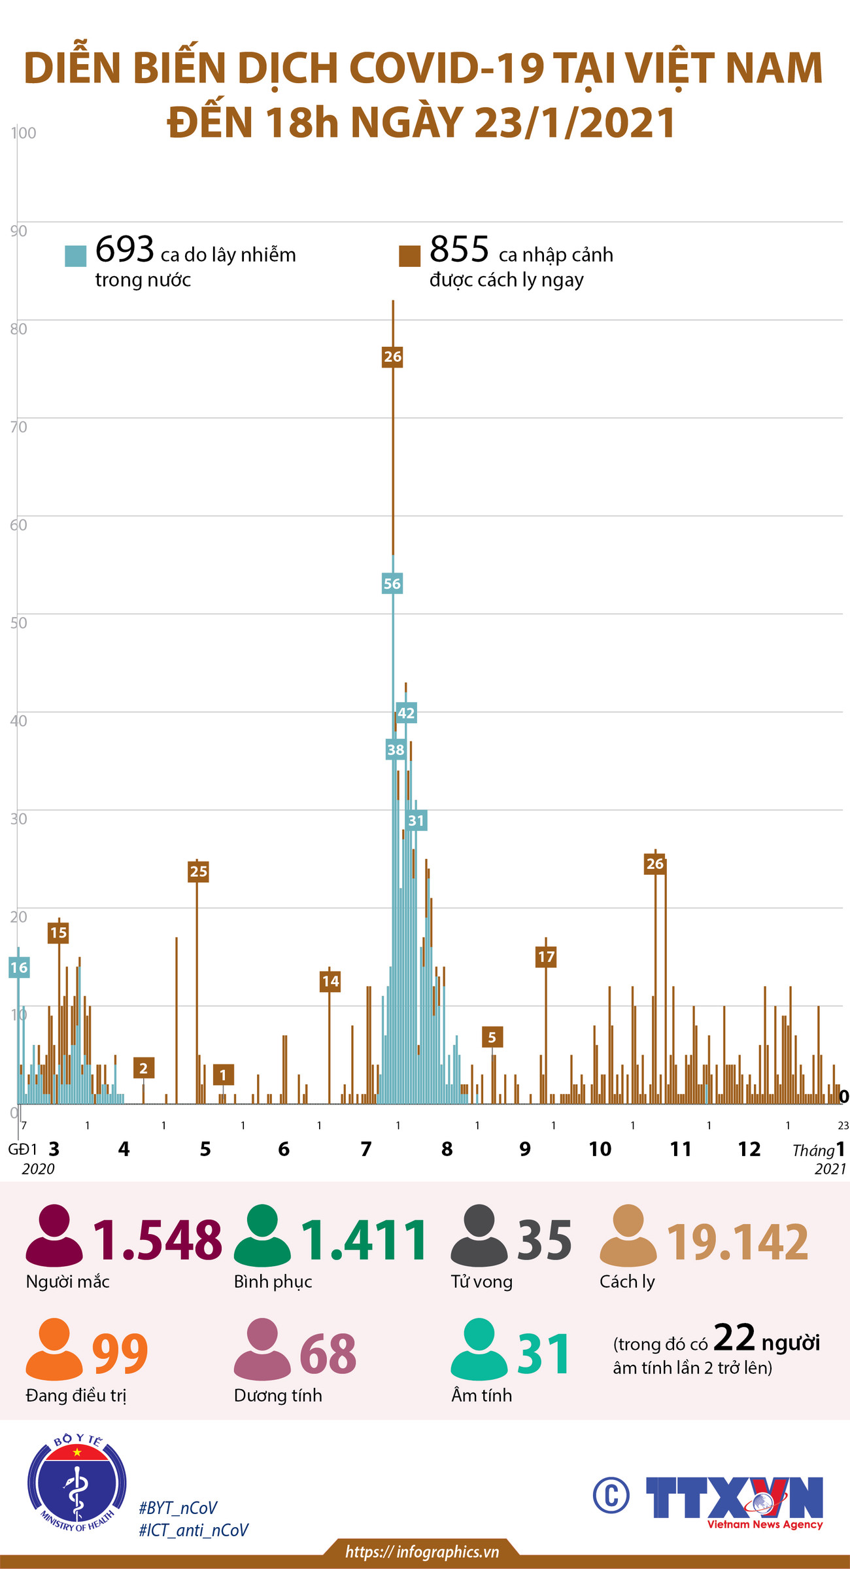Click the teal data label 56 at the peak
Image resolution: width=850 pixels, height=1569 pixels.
click(x=392, y=584)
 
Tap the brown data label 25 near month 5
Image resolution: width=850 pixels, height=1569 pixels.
click(x=198, y=871)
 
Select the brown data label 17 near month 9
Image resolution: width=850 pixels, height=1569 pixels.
click(x=546, y=957)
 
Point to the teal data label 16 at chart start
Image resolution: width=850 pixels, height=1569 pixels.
click(x=19, y=967)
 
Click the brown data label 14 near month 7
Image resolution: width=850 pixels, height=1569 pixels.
click(x=330, y=981)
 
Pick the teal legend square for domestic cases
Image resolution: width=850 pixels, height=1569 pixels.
click(x=76, y=256)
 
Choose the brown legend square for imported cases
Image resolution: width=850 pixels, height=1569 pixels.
click(x=409, y=256)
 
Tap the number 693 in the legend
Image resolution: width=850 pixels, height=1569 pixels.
click(x=124, y=249)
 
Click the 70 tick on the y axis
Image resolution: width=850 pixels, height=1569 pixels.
click(x=19, y=427)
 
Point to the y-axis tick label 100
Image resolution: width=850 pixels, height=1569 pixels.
click(x=24, y=133)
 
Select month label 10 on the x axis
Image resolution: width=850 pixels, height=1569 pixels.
click(x=600, y=1149)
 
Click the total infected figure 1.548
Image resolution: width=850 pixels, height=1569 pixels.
click(x=158, y=1240)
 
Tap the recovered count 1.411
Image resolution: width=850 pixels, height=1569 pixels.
click(x=364, y=1240)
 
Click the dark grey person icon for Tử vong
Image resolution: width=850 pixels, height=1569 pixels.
click(x=479, y=1235)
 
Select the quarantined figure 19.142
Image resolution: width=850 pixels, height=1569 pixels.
click(x=738, y=1241)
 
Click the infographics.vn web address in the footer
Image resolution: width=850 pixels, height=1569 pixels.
click(x=422, y=1551)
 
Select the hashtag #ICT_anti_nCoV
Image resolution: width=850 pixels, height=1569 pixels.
click(x=194, y=1530)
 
